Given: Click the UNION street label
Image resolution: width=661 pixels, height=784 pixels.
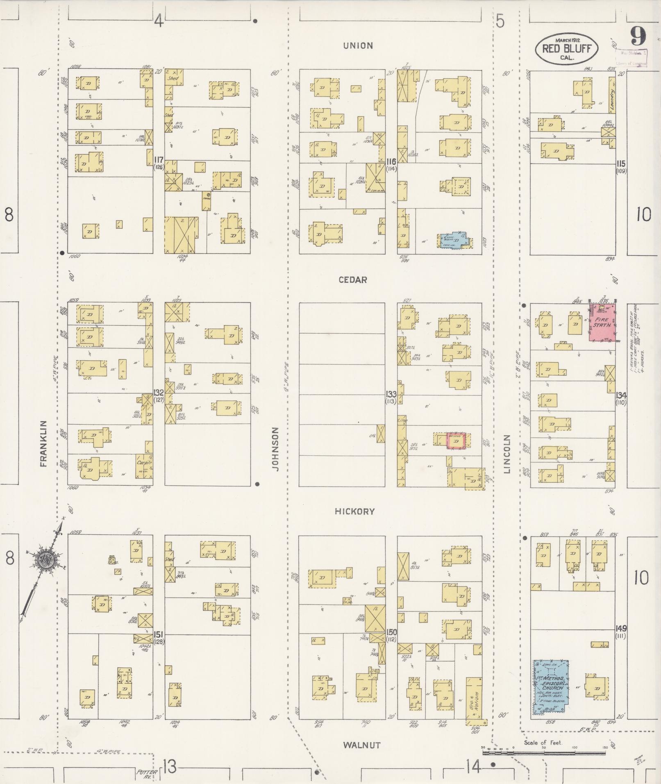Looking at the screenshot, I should point(358,45).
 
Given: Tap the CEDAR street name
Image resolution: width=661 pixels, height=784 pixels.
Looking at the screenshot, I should point(353,280).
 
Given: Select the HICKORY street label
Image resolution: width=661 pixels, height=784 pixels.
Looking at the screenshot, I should point(354,511).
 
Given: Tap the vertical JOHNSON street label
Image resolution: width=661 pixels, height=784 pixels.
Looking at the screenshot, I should point(275,449).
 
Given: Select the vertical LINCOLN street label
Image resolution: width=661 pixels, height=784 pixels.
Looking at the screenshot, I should point(507,454).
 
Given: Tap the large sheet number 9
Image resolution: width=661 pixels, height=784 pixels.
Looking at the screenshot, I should point(638,37).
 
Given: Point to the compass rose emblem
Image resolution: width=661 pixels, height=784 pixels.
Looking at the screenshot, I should point(43,559).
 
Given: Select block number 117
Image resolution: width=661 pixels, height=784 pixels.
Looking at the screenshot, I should point(159,160).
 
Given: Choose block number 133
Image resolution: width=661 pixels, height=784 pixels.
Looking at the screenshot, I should point(391,394).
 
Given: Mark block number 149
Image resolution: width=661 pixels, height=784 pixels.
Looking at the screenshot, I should point(621,628).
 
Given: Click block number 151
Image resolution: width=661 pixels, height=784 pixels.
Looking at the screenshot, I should point(159,634).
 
